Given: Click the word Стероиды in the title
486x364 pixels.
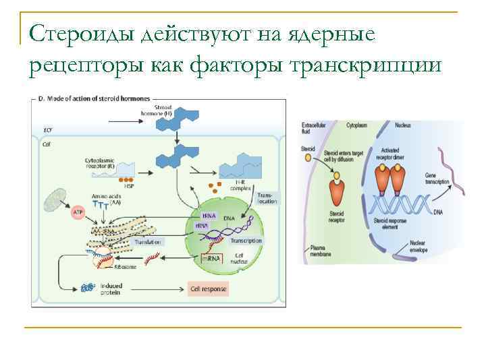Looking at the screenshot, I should tap(82, 34).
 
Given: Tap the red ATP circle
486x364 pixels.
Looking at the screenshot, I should tap(77, 212).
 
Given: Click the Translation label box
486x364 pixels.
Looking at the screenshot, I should tap(147, 241).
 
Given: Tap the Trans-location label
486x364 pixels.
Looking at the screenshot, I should tap(267, 198).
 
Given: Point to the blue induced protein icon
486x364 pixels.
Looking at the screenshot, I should tap(87, 289).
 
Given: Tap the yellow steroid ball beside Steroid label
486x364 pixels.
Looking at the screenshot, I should tap(308, 158).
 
